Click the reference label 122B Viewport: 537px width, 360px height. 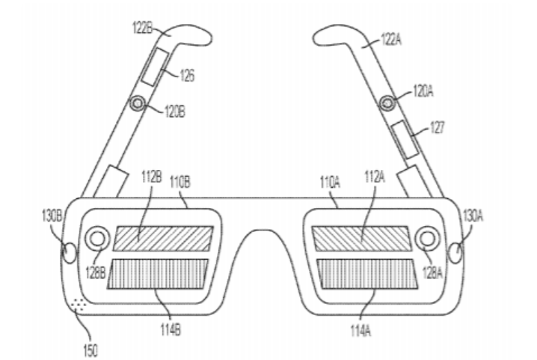142,28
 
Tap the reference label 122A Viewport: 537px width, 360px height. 391,40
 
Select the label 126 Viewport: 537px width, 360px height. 187,75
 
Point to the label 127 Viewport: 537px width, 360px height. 437,127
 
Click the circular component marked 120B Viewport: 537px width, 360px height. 138,103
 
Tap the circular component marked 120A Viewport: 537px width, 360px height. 387,103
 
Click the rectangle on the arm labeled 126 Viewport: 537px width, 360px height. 155,67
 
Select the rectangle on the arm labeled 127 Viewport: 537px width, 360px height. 405,139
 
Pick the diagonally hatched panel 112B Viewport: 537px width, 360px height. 163,238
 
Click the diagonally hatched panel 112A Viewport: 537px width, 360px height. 361,238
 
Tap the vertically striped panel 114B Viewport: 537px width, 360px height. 158,274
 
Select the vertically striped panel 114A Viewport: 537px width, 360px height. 367,274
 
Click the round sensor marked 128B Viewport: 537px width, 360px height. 97,238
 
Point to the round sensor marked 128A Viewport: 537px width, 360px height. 427,238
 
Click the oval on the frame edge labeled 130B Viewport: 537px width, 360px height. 69,253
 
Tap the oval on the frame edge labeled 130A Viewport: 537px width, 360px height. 455,253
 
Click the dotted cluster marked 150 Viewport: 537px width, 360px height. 78,304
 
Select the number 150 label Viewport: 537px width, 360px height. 90,350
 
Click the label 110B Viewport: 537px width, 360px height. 180,182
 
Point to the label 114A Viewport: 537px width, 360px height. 360,331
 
